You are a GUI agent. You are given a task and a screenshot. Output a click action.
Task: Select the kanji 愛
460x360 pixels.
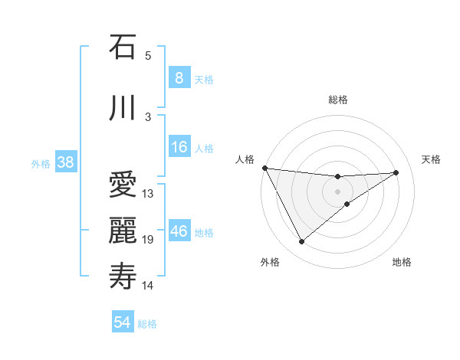(123, 185)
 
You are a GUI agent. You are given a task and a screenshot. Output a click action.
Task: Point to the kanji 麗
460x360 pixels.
(123, 229)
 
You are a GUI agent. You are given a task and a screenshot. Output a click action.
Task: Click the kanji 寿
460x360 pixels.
(123, 275)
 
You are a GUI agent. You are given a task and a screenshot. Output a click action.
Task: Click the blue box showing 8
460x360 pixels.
(179, 77)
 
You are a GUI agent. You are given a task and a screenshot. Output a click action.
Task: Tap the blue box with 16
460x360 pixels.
(179, 147)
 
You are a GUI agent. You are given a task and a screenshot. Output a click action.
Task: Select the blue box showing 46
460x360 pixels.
(179, 231)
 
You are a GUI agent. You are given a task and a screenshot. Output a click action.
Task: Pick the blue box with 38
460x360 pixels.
(64, 162)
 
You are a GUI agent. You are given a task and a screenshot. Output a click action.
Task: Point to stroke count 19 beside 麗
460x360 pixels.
(148, 240)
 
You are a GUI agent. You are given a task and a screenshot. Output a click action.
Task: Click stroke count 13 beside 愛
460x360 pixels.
(148, 193)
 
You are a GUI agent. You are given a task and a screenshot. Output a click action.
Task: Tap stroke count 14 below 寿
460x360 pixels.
(148, 286)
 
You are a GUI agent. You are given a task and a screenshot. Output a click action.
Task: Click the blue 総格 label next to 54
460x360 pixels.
(147, 324)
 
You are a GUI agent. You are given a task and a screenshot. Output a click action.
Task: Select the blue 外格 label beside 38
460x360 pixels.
(40, 163)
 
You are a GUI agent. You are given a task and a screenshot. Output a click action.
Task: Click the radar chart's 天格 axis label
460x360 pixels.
(432, 159)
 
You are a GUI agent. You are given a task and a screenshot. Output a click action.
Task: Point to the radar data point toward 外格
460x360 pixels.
(301, 242)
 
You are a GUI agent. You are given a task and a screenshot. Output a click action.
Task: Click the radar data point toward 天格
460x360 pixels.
(396, 172)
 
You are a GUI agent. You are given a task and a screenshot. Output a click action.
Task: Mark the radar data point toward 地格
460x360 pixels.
(347, 204)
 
